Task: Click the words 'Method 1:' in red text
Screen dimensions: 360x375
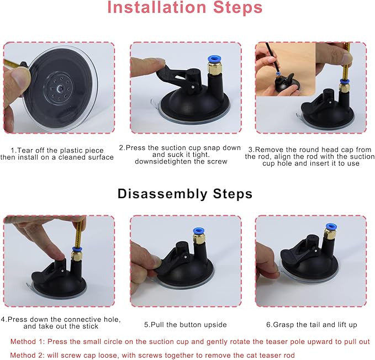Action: click(x=28, y=342)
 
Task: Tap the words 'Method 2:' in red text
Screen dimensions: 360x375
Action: click(x=28, y=355)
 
